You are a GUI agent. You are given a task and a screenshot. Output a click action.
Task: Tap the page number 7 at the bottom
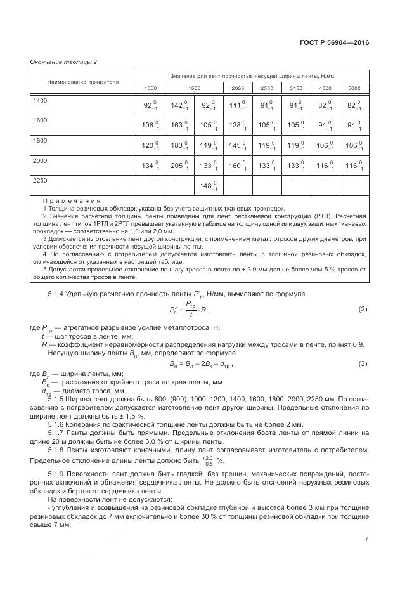click(x=366, y=539)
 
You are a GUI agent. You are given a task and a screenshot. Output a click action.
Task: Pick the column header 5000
click(x=354, y=88)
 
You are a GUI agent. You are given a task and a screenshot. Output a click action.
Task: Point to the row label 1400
click(x=41, y=101)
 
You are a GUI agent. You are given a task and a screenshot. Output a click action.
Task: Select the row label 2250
click(x=41, y=181)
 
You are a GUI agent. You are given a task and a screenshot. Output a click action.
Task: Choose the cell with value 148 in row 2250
click(x=209, y=186)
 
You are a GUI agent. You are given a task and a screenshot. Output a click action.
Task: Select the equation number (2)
click(x=363, y=309)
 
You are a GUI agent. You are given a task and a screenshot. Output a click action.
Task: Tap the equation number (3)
click(x=363, y=363)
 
